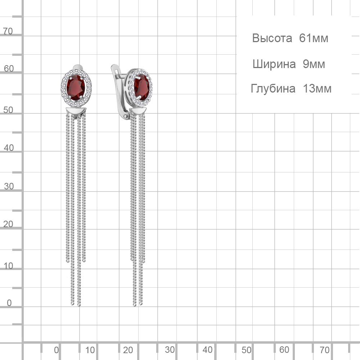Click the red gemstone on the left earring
click(76, 87)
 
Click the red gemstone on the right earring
click(141, 87)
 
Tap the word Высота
click(272, 38)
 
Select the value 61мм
click(314, 38)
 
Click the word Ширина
click(274, 64)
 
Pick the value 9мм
click(314, 64)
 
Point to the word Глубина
click(273, 89)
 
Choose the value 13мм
click(317, 89)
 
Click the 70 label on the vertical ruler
click(8, 31)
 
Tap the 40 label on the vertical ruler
click(9, 148)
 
